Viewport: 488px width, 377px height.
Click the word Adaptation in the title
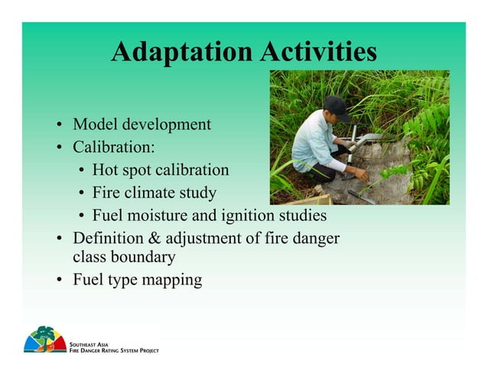(181, 52)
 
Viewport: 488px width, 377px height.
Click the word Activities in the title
(317, 52)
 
